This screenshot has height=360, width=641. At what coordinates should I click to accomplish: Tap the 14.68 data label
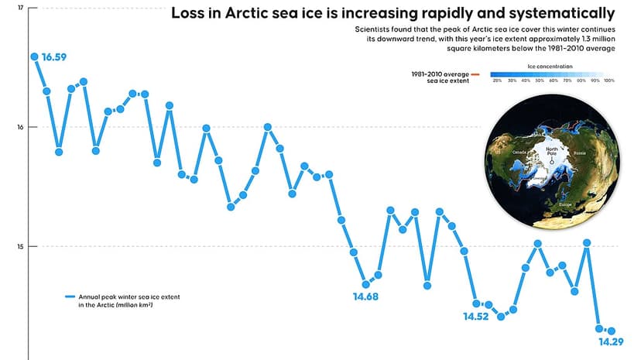coord(366,297)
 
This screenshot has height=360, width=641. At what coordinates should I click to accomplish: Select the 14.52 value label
coord(477,317)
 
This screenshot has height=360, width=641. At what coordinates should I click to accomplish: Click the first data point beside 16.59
coord(34,57)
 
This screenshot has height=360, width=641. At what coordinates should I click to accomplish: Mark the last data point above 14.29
coord(611,331)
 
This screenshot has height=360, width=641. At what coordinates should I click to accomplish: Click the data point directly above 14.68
coord(366,284)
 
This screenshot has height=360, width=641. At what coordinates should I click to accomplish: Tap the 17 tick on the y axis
coord(20,8)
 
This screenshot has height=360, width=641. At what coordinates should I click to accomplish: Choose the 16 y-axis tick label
coord(20,127)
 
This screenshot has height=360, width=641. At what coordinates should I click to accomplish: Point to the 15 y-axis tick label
coord(20,247)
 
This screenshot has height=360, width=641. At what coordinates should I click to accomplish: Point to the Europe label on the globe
coord(565,204)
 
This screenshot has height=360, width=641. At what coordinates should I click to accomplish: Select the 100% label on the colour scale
coord(608,81)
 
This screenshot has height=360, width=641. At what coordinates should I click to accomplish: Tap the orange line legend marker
coord(475,74)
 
